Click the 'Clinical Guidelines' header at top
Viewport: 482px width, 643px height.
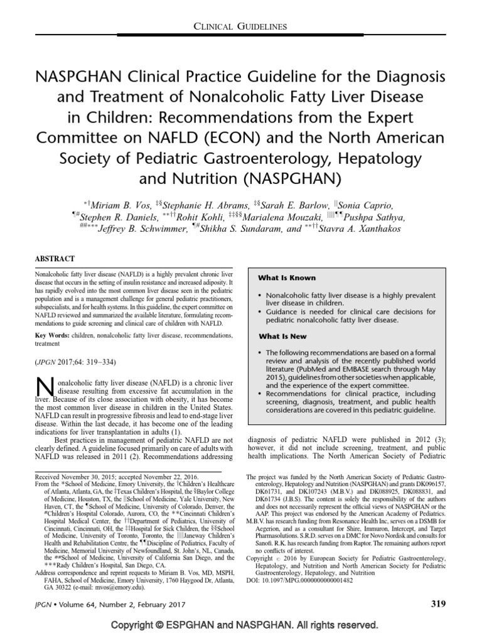241,26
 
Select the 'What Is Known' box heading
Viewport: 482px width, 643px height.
287,278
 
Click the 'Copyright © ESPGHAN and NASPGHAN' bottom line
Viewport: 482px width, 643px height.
241,630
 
